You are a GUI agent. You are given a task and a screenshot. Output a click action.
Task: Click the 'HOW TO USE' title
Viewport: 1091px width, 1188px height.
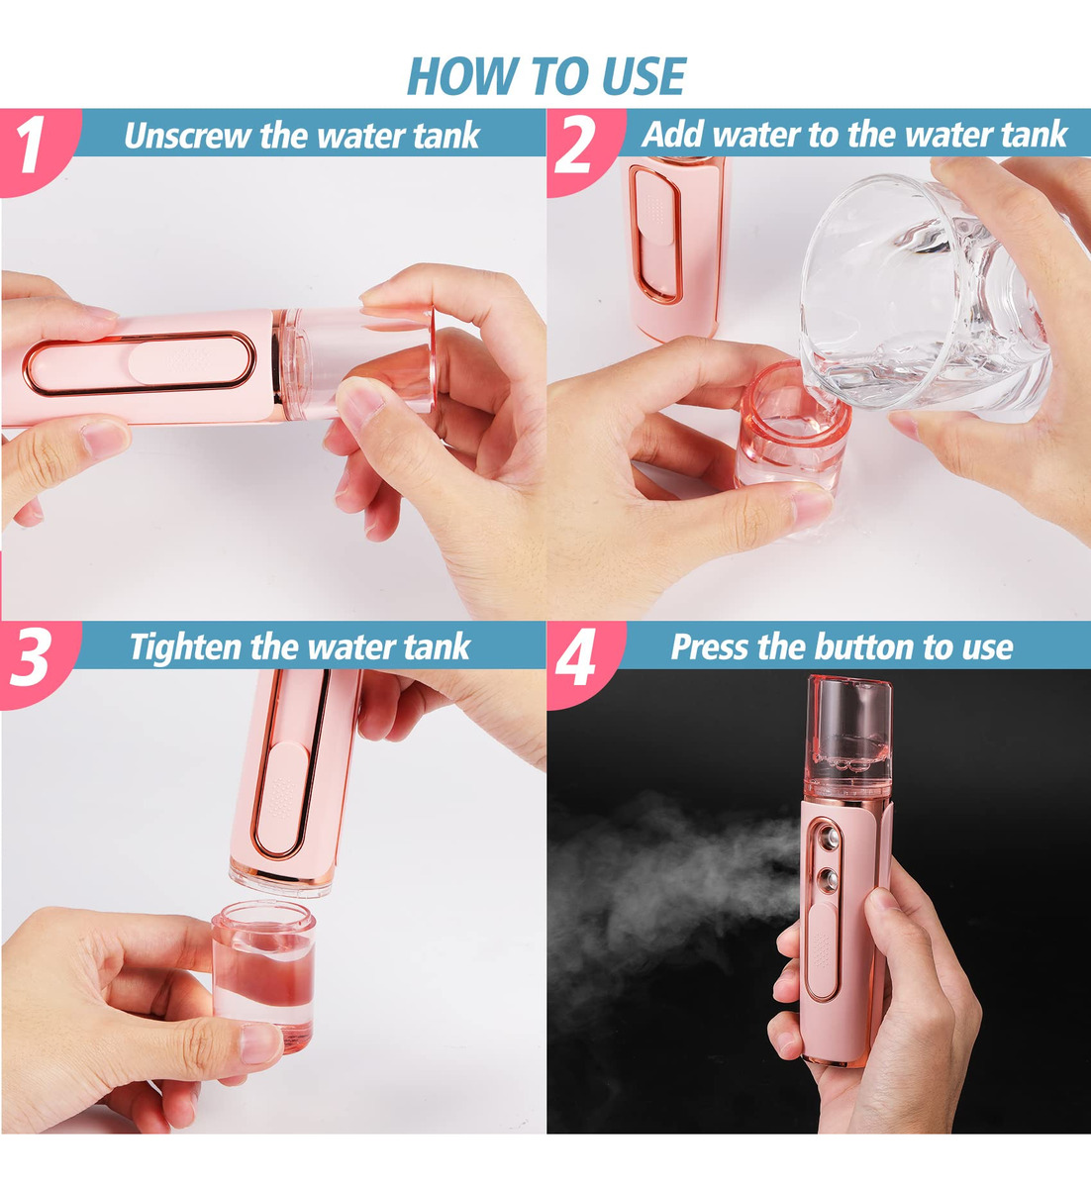click(546, 76)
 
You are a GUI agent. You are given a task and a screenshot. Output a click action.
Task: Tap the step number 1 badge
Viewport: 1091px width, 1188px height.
click(33, 148)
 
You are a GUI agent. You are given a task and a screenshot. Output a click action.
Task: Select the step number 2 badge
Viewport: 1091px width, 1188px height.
click(577, 148)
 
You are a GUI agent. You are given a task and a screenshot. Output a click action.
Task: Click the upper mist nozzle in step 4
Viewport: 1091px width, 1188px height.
click(830, 839)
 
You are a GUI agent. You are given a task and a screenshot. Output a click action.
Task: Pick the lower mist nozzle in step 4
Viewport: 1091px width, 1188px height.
click(829, 878)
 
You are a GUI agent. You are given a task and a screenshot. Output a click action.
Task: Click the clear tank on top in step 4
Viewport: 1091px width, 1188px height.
click(848, 737)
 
